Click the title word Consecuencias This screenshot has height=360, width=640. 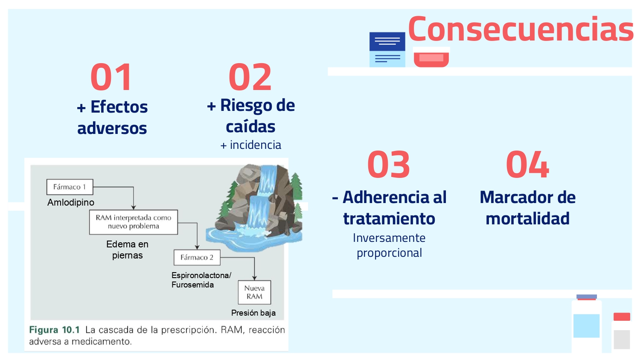click(x=521, y=29)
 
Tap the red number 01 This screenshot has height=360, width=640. click(x=111, y=77)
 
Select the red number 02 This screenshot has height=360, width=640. click(x=250, y=77)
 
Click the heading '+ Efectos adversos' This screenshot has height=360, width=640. click(x=112, y=117)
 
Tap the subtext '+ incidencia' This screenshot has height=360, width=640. click(x=251, y=145)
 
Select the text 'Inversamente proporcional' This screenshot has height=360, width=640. click(x=389, y=245)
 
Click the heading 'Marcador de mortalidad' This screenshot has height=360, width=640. click(x=527, y=208)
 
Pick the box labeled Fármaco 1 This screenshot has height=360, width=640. click(x=70, y=187)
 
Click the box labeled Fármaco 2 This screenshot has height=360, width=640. click(x=197, y=257)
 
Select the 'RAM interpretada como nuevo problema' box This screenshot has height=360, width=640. click(x=133, y=222)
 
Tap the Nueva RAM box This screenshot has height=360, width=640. click(x=254, y=292)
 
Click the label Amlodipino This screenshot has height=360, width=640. click(x=71, y=202)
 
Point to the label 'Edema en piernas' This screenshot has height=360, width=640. click(x=127, y=250)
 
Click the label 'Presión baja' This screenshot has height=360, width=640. click(x=253, y=313)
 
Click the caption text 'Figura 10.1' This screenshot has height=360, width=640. click(x=54, y=330)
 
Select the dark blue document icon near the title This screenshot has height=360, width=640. click(x=387, y=42)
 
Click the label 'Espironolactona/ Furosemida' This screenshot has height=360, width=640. click(x=201, y=280)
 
